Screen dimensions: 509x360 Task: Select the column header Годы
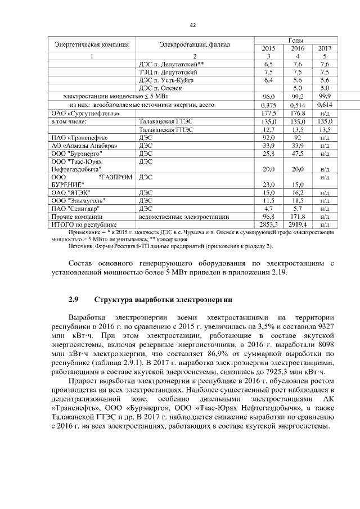(296, 40)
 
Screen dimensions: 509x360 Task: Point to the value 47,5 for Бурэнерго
(297, 153)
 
